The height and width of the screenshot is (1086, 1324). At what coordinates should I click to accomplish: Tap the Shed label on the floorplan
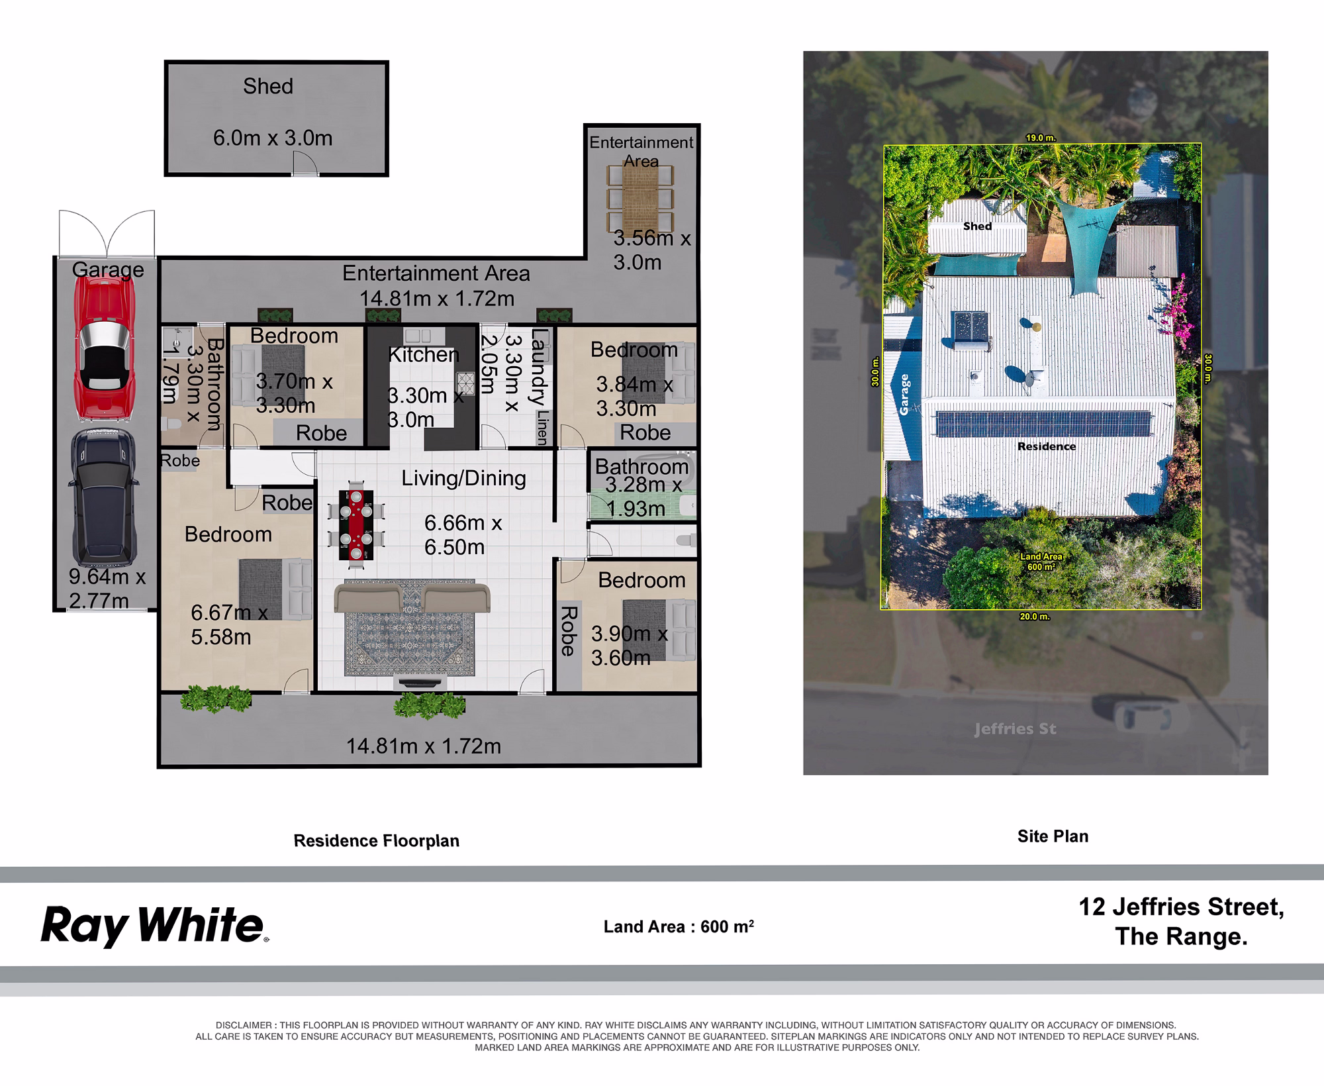tap(268, 86)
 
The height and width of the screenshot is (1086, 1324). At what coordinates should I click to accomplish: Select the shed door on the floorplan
tap(306, 163)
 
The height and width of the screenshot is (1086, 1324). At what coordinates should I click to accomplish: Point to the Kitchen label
tap(424, 354)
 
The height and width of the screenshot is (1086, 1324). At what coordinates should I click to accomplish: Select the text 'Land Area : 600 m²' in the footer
tap(679, 926)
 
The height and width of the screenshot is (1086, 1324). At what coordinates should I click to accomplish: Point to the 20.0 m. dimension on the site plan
tap(1034, 617)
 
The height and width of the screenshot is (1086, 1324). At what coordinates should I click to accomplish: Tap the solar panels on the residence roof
tap(1043, 424)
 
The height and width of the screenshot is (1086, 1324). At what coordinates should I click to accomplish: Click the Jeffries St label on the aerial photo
tap(1015, 729)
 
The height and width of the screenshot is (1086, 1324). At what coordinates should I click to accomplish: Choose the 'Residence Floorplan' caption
tap(376, 841)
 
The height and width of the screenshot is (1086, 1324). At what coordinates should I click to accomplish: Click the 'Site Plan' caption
tap(1053, 836)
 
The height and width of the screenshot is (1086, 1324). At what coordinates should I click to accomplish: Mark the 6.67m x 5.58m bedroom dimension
tap(229, 624)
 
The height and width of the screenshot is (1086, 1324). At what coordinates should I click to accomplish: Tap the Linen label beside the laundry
tap(543, 427)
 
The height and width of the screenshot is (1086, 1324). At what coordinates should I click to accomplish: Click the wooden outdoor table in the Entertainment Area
tap(641, 197)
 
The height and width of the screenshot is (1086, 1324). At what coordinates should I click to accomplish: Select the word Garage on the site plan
tap(904, 395)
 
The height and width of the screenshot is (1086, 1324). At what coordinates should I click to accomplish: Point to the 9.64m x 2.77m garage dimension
tap(107, 589)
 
